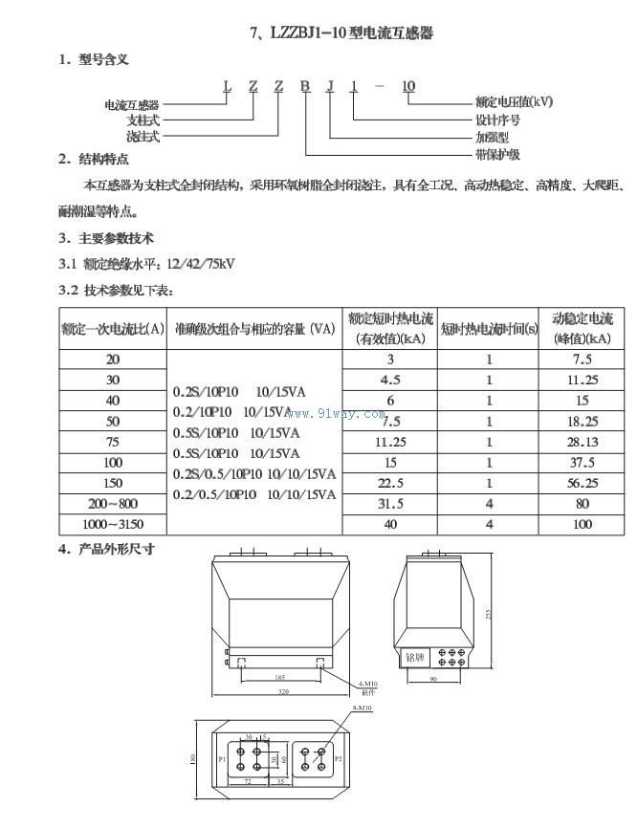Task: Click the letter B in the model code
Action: pyautogui.click(x=304, y=87)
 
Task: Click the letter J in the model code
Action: pyautogui.click(x=330, y=87)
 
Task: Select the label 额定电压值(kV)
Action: pyautogui.click(x=514, y=101)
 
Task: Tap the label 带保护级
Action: pyautogui.click(x=497, y=153)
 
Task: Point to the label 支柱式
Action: pyautogui.click(x=143, y=120)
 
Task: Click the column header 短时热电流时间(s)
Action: pyautogui.click(x=489, y=329)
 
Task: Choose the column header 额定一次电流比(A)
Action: pyautogui.click(x=113, y=329)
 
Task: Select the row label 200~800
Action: pyautogui.click(x=113, y=503)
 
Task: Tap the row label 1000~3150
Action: pyautogui.click(x=113, y=524)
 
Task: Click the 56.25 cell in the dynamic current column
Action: pyautogui.click(x=583, y=483)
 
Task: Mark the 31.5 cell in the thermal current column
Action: pyautogui.click(x=390, y=503)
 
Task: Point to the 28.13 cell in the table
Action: pyautogui.click(x=583, y=442)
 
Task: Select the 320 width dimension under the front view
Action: pyautogui.click(x=283, y=690)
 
